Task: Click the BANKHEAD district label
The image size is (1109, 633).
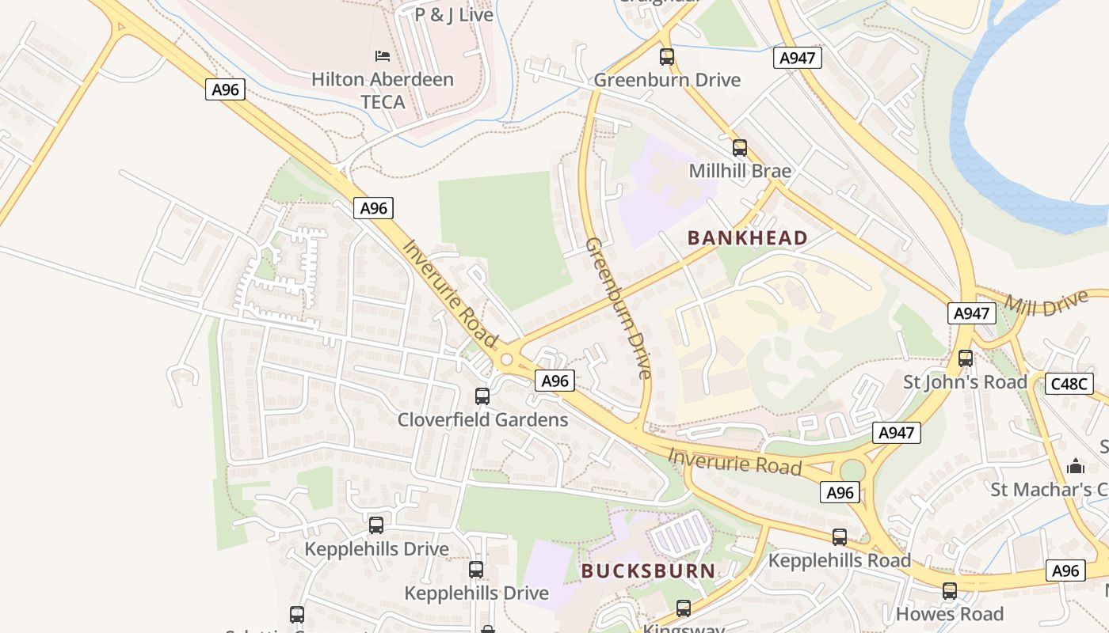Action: pyautogui.click(x=747, y=237)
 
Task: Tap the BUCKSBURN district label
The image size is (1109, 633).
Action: pyautogui.click(x=648, y=570)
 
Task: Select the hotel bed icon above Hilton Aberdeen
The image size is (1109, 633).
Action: pyautogui.click(x=382, y=56)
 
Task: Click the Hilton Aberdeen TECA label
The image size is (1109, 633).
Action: pyautogui.click(x=382, y=90)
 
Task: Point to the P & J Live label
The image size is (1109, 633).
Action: pyautogui.click(x=454, y=14)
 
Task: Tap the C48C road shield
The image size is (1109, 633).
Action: pyautogui.click(x=1070, y=384)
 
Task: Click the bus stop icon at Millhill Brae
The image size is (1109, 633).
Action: pyautogui.click(x=739, y=148)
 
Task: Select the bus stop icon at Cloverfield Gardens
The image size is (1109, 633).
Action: pyautogui.click(x=482, y=396)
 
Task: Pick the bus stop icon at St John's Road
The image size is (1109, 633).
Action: pyautogui.click(x=965, y=358)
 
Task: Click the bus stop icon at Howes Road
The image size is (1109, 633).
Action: pyautogui.click(x=949, y=591)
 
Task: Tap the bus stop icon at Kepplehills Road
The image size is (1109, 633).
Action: pyautogui.click(x=840, y=537)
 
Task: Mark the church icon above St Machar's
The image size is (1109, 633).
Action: pyautogui.click(x=1076, y=466)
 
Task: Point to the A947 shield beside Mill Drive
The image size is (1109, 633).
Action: pyautogui.click(x=971, y=313)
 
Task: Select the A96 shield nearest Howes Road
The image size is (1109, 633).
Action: pyautogui.click(x=1065, y=570)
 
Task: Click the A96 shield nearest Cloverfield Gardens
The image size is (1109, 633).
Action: pyautogui.click(x=554, y=381)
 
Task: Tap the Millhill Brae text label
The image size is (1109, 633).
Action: pyautogui.click(x=740, y=171)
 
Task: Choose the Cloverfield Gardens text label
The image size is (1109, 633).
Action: pyautogui.click(x=482, y=419)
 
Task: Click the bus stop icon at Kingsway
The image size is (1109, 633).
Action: pyautogui.click(x=683, y=608)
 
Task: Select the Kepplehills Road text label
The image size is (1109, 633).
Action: pyautogui.click(x=840, y=560)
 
